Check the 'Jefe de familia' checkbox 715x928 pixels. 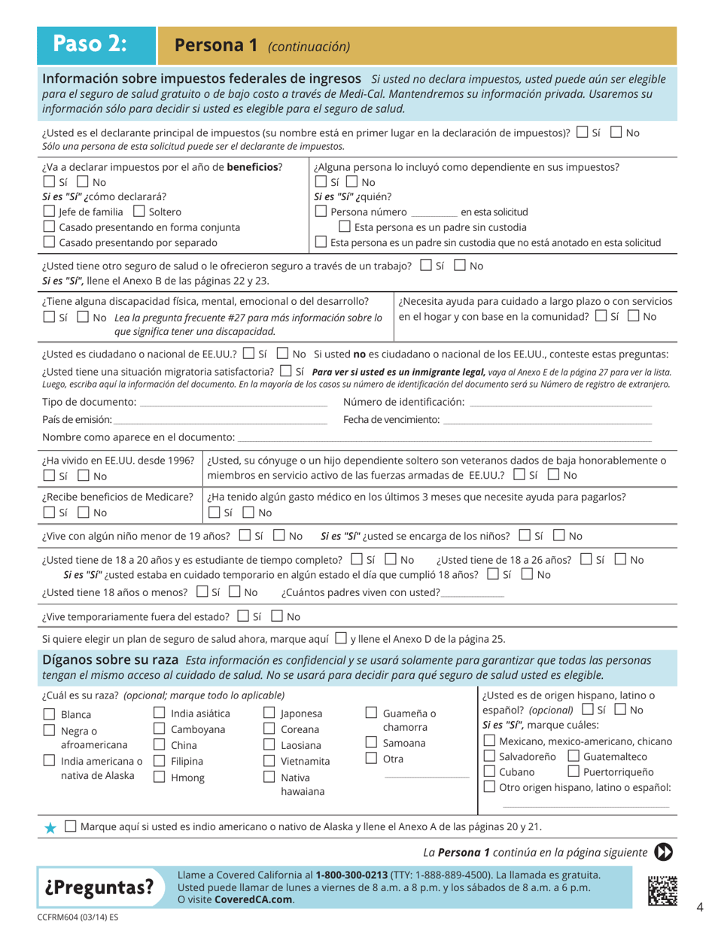(x=49, y=211)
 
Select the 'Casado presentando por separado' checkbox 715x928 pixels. (x=49, y=242)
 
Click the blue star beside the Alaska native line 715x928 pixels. (x=50, y=826)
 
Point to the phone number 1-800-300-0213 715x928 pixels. (x=352, y=875)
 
